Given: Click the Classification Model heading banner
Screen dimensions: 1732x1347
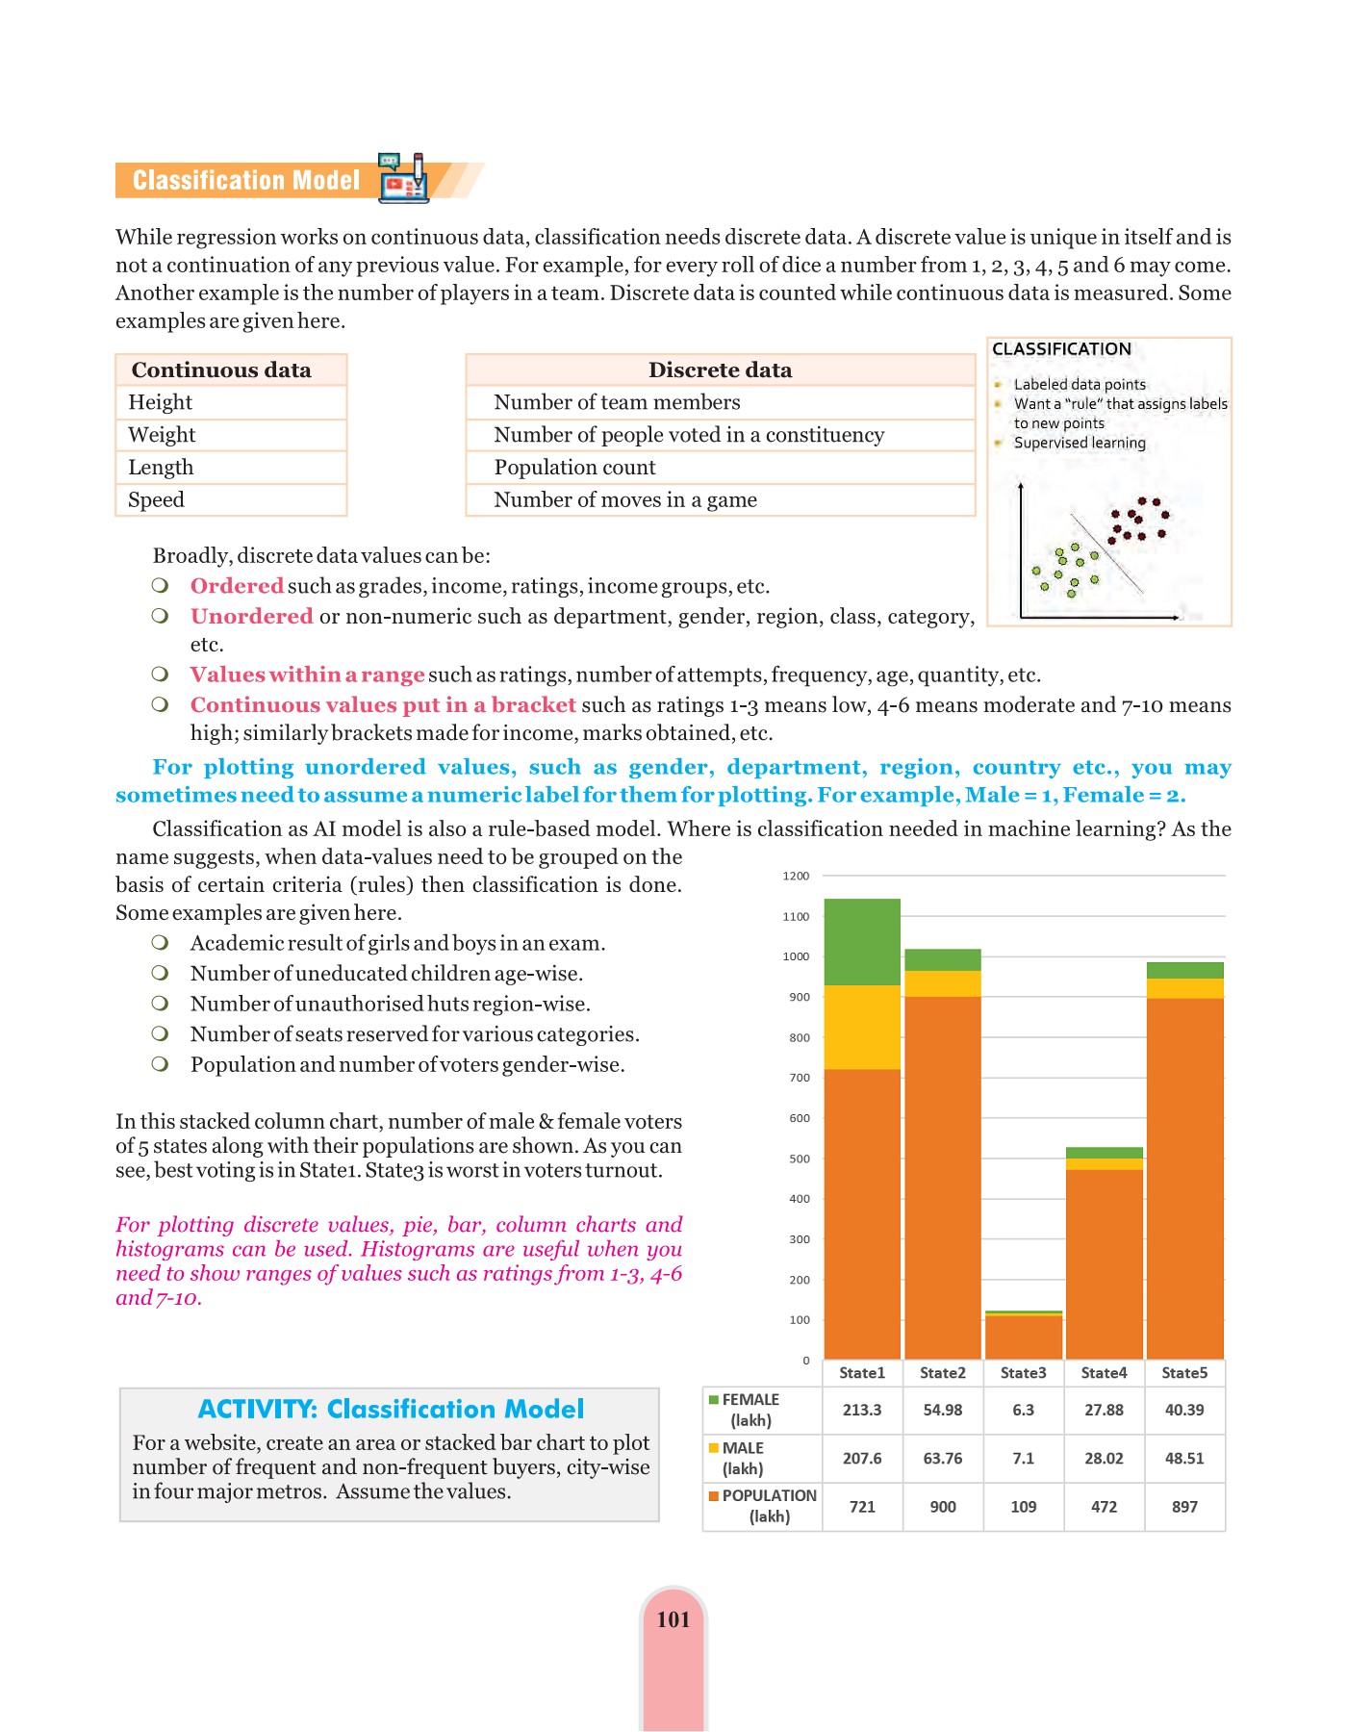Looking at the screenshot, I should point(246,181).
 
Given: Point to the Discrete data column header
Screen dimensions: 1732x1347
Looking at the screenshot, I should point(720,370).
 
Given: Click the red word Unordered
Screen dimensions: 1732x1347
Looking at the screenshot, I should point(251,617).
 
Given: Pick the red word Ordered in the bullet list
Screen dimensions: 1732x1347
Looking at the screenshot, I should point(237,586).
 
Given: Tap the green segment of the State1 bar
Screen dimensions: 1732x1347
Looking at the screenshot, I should point(862,941).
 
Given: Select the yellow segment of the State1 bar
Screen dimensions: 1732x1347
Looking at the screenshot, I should point(862,1027).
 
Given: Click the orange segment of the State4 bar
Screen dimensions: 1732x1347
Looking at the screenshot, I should point(1104,1262).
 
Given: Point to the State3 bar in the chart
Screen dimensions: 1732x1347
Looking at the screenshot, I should point(1023,1336).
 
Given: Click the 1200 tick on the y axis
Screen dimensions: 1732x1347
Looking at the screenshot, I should point(796,877).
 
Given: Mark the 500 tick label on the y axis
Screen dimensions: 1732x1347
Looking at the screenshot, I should point(799,1159).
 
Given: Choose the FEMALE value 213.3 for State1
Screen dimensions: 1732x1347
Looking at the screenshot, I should point(862,1411).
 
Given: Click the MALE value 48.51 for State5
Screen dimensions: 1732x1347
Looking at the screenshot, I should point(1184,1459).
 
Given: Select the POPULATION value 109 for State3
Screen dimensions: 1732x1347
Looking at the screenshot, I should point(1023,1507).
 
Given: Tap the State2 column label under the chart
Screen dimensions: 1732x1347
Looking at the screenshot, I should point(942,1373).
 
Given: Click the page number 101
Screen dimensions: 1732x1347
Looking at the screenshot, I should point(673,1620).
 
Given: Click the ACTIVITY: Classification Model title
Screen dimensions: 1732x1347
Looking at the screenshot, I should point(391,1410).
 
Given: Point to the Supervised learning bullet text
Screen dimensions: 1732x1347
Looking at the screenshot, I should point(1080,444).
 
